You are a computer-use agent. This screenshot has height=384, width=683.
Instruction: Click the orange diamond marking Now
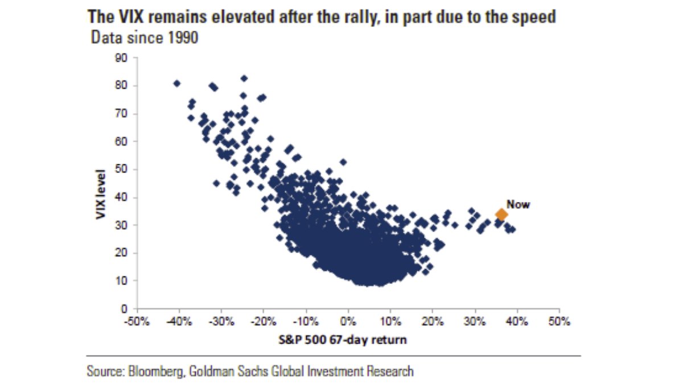tap(501, 214)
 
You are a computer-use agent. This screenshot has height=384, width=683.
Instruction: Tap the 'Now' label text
tap(518, 204)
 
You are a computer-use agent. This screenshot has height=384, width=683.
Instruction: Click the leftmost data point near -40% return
tap(176, 83)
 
